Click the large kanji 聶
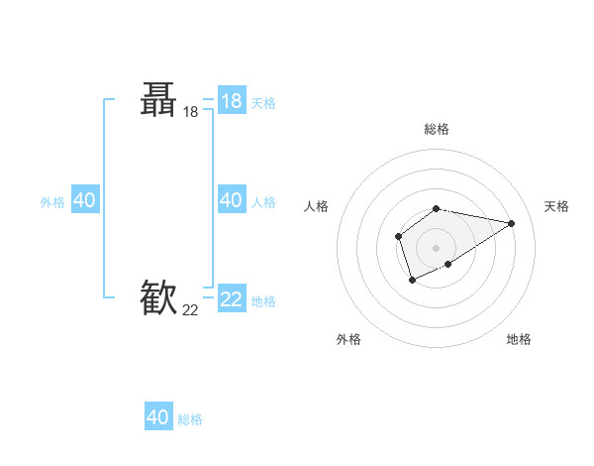pyautogui.click(x=158, y=100)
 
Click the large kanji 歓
pyautogui.click(x=158, y=296)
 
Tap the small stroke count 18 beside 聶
pyautogui.click(x=190, y=113)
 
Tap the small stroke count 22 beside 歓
pyautogui.click(x=190, y=309)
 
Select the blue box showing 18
pyautogui.click(x=232, y=100)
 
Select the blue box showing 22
pyautogui.click(x=232, y=297)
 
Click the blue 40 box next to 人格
pyautogui.click(x=232, y=200)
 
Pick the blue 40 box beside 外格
pyautogui.click(x=84, y=200)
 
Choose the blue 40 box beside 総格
pyautogui.click(x=158, y=417)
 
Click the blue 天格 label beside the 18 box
pyautogui.click(x=263, y=103)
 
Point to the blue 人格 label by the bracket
pyautogui.click(x=263, y=202)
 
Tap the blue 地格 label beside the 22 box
pyautogui.click(x=263, y=301)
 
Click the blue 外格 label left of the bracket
pyautogui.click(x=52, y=202)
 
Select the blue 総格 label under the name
pyautogui.click(x=190, y=419)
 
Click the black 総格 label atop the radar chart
pyautogui.click(x=437, y=129)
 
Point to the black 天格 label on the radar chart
pyautogui.click(x=556, y=206)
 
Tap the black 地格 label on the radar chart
pyautogui.click(x=519, y=339)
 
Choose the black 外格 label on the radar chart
pyautogui.click(x=348, y=339)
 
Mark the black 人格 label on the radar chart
pyautogui.click(x=317, y=206)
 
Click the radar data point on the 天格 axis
pyautogui.click(x=511, y=223)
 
